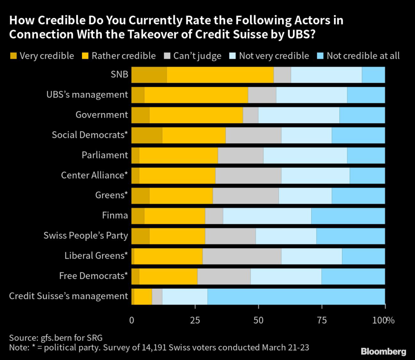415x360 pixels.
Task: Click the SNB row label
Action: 118,75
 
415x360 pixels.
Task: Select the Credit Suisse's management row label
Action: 68,296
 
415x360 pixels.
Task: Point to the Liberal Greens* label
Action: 96,256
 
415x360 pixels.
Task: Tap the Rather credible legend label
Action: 124,56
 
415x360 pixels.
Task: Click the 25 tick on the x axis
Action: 195,321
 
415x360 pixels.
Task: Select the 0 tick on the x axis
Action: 132,321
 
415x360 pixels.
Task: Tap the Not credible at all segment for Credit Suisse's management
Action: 296,296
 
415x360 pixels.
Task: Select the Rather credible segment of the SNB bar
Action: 220,75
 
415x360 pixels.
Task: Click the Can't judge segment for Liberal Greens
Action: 242,256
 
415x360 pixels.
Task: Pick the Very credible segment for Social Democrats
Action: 147,135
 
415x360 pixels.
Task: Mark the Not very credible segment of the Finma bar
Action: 267,216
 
